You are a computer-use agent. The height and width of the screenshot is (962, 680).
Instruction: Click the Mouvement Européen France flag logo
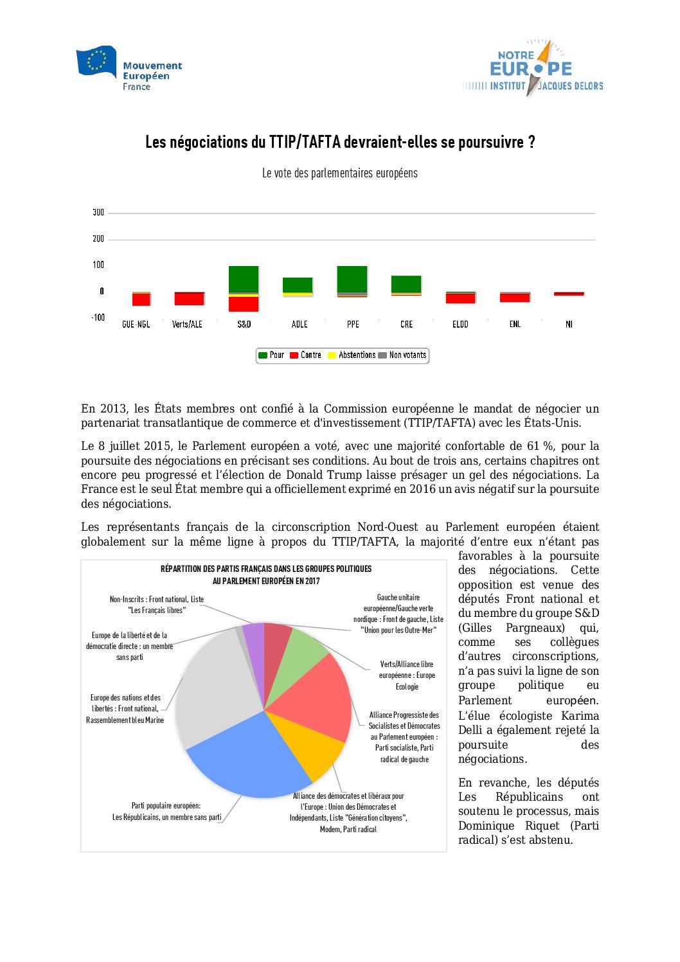pyautogui.click(x=96, y=62)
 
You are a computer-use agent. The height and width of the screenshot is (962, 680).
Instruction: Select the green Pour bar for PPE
pyautogui.click(x=352, y=279)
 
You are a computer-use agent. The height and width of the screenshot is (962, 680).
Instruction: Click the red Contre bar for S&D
pyautogui.click(x=244, y=303)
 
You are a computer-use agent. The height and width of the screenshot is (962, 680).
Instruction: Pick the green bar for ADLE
pyautogui.click(x=298, y=285)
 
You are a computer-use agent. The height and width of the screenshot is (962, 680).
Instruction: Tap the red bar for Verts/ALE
pyautogui.click(x=189, y=299)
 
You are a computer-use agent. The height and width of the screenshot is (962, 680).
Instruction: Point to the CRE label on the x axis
pyautogui.click(x=406, y=325)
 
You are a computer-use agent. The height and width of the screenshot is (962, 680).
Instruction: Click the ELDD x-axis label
pyautogui.click(x=460, y=325)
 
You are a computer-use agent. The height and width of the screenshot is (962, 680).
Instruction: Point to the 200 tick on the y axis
pyautogui.click(x=98, y=239)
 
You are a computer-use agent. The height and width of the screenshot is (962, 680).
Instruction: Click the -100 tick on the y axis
pyautogui.click(x=98, y=317)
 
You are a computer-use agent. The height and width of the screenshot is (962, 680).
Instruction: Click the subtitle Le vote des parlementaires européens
pyautogui.click(x=339, y=174)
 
